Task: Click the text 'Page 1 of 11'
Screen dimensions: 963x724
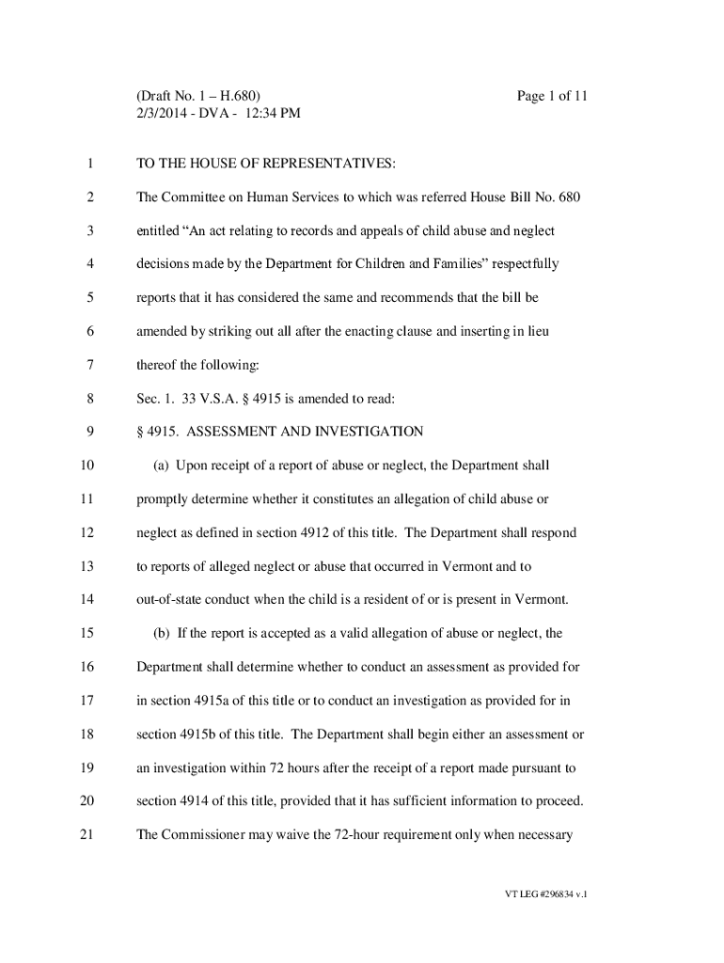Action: tap(553, 96)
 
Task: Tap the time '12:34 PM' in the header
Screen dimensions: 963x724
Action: tap(275, 114)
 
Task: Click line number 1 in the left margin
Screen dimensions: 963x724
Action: tap(88, 165)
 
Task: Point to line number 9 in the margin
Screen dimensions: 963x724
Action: tap(88, 432)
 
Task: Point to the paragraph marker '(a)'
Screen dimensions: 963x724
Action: tap(161, 466)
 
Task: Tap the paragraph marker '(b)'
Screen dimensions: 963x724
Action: tap(161, 633)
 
